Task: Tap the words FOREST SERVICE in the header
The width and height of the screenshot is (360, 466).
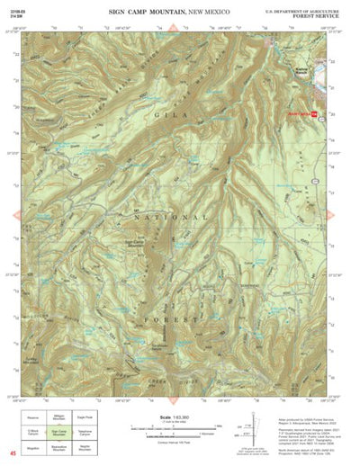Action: [x=317, y=14]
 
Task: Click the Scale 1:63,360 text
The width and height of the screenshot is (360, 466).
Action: [x=172, y=415]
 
